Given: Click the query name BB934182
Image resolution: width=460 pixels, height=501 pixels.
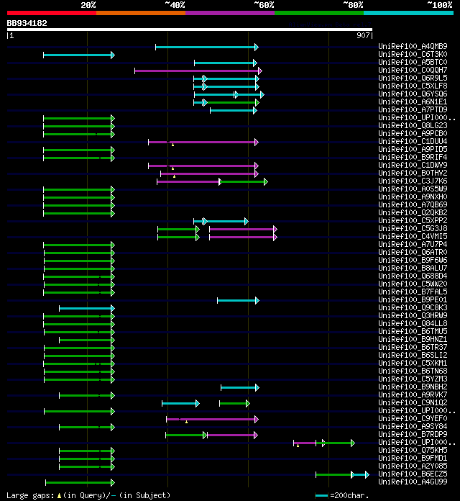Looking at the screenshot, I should pyautogui.click(x=27, y=23).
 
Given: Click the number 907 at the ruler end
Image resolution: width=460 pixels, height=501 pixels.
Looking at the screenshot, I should pyautogui.click(x=363, y=35).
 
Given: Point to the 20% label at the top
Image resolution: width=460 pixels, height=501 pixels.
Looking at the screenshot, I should pyautogui.click(x=88, y=4).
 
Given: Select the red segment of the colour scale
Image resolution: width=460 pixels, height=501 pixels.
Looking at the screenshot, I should pyautogui.click(x=51, y=12).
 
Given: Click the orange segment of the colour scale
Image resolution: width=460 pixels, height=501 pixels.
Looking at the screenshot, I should pyautogui.click(x=140, y=12).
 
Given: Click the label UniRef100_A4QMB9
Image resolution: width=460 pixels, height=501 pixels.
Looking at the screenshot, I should pyautogui.click(x=413, y=47).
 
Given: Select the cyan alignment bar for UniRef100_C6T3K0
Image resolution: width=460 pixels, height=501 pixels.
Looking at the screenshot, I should pyautogui.click(x=78, y=55).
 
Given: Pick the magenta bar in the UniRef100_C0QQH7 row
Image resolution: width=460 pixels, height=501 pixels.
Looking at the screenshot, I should pyautogui.click(x=196, y=71).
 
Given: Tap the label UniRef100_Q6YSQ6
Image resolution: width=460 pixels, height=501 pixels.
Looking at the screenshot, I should pyautogui.click(x=413, y=94).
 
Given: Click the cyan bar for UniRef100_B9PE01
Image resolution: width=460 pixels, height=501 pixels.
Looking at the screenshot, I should pyautogui.click(x=237, y=300).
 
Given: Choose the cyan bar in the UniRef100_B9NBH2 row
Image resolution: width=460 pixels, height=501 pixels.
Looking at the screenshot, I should pyautogui.click(x=239, y=387).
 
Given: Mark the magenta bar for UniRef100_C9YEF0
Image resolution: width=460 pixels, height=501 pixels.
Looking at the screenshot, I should pyautogui.click(x=211, y=419).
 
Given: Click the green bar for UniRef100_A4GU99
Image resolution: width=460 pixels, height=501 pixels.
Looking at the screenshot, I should pyautogui.click(x=79, y=482).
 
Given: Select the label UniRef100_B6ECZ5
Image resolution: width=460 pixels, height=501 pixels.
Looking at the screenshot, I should pyautogui.click(x=413, y=474).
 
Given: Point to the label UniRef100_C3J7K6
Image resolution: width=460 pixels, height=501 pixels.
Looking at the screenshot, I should pyautogui.click(x=413, y=181).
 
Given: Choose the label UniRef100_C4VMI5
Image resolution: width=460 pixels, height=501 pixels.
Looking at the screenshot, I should pyautogui.click(x=413, y=237).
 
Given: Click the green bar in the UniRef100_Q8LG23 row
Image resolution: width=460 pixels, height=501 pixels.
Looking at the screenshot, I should pyautogui.click(x=78, y=126).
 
